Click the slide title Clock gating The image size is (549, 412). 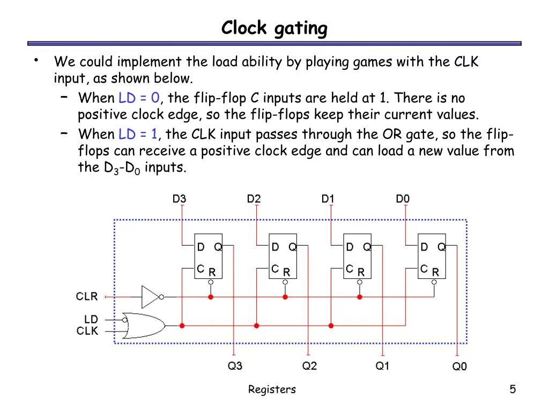click(x=274, y=28)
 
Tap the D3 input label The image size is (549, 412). click(x=180, y=199)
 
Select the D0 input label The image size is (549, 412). click(x=403, y=199)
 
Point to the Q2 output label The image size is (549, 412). click(x=309, y=366)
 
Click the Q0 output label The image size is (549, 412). click(x=459, y=366)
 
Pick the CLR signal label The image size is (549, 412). click(x=87, y=296)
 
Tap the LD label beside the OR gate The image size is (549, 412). click(x=91, y=319)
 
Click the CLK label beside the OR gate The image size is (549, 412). click(x=87, y=331)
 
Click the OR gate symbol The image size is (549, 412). click(x=143, y=325)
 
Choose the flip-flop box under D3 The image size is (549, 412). click(x=208, y=256)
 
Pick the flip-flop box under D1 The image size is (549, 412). click(x=357, y=256)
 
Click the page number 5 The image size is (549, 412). click(x=513, y=389)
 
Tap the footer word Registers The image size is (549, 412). click(x=272, y=389)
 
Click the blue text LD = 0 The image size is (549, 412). click(x=139, y=98)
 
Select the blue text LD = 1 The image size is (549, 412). click(x=139, y=134)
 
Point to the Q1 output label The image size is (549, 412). click(x=382, y=366)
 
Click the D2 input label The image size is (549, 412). click(x=254, y=199)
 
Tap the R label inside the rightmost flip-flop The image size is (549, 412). click(x=435, y=273)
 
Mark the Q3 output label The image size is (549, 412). click(x=235, y=366)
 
